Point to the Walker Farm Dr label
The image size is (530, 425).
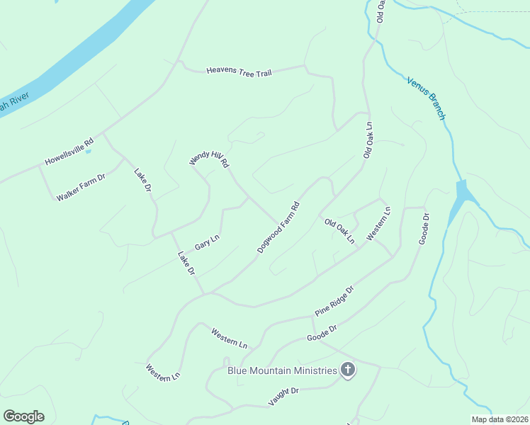click(x=81, y=186)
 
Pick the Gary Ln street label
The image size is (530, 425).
click(x=207, y=242)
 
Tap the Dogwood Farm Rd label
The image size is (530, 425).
click(x=278, y=228)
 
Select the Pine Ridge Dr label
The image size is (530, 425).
click(x=334, y=302)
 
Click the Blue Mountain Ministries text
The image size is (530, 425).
click(x=281, y=370)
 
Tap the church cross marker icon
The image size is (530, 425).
click(x=347, y=369)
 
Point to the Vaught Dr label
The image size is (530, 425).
click(x=283, y=396)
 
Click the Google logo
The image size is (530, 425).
click(x=23, y=416)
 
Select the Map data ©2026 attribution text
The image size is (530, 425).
click(x=500, y=419)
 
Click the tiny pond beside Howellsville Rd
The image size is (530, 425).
click(x=89, y=150)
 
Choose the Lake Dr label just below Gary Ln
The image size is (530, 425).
click(x=186, y=263)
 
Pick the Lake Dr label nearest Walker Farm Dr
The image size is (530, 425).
click(x=143, y=180)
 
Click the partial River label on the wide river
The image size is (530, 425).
click(x=6, y=107)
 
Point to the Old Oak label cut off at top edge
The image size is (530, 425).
click(x=380, y=10)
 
